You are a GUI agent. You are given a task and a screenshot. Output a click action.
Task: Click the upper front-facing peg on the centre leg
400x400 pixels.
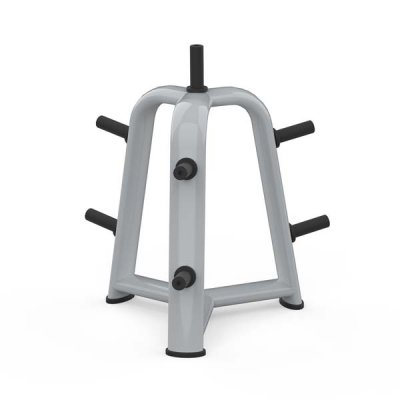click(x=185, y=169)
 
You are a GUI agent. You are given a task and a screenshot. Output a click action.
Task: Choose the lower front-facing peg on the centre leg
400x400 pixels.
click(x=183, y=278)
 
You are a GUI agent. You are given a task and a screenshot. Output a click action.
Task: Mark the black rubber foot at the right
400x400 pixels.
click(x=291, y=300)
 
